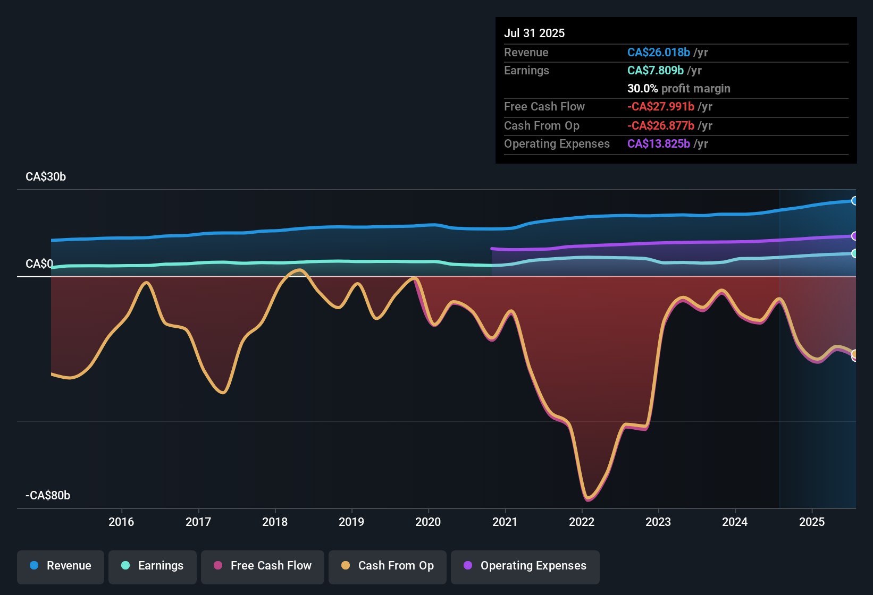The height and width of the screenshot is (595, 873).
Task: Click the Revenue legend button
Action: (x=61, y=566)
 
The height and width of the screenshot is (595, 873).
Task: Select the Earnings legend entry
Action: (x=153, y=566)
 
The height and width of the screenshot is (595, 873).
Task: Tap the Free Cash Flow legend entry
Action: (x=263, y=566)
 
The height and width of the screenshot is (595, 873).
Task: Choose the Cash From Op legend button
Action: (x=388, y=566)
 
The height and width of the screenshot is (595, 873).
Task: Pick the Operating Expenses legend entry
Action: (x=525, y=566)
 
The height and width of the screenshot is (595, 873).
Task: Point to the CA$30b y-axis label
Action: (x=46, y=177)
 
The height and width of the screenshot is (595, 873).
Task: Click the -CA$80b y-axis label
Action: (x=48, y=496)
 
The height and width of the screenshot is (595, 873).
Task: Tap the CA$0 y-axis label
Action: (x=39, y=264)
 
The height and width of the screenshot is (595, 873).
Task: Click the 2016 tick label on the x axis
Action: (x=121, y=522)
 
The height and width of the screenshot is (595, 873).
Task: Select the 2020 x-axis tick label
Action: (x=428, y=522)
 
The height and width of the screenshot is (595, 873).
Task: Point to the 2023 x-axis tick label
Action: (x=658, y=522)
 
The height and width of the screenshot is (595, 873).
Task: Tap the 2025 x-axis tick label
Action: (x=812, y=522)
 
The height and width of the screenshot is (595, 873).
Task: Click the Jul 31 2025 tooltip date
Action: (x=534, y=33)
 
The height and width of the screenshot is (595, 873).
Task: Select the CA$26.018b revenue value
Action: (x=659, y=53)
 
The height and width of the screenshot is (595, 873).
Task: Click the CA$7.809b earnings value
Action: (x=656, y=71)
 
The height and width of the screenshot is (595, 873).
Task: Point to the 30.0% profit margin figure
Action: (x=643, y=89)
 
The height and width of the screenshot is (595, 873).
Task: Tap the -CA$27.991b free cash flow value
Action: (x=661, y=107)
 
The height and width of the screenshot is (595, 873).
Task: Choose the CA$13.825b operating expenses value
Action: (x=659, y=144)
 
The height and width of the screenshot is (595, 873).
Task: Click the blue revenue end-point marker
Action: (x=854, y=201)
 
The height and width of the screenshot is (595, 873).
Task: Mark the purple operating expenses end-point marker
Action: (x=854, y=236)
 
